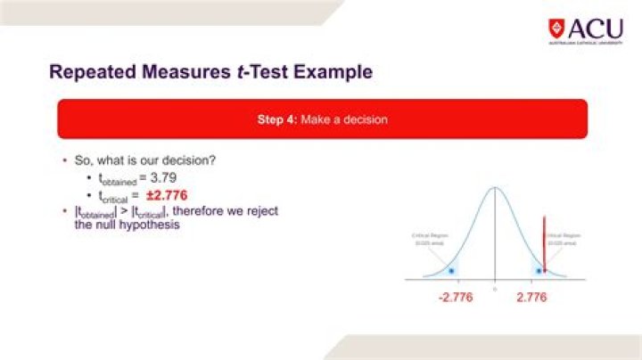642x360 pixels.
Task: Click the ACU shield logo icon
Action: pyautogui.click(x=556, y=28)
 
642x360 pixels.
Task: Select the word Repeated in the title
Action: pyautogui.click(x=92, y=70)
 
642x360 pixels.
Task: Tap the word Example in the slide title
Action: pyautogui.click(x=323, y=70)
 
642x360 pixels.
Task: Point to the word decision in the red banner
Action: pyautogui.click(x=365, y=119)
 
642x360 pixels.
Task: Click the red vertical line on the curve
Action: pyautogui.click(x=544, y=241)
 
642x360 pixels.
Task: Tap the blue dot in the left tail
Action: pyautogui.click(x=451, y=270)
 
